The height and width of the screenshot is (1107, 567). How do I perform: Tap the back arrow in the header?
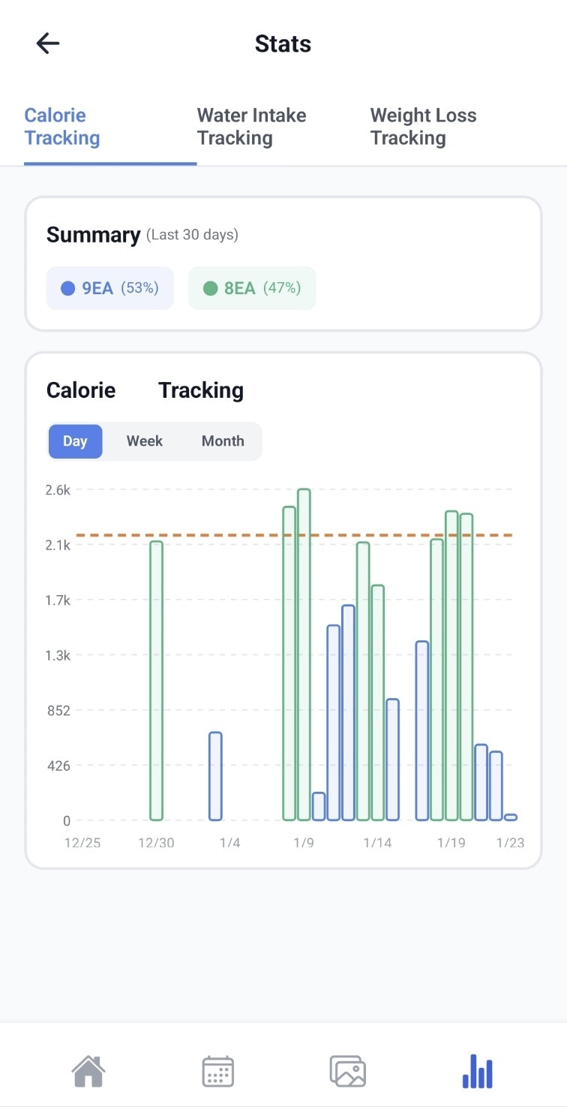coord(48,44)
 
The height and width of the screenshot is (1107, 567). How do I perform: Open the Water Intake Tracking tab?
coord(251,127)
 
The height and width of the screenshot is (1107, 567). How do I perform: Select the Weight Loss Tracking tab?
coord(423,127)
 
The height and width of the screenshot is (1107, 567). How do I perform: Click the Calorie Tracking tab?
coord(62,127)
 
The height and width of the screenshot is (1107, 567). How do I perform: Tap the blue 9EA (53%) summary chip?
coord(110,288)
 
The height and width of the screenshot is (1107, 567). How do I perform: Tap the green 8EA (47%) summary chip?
coord(252,288)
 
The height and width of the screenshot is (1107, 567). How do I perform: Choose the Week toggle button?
coord(145,441)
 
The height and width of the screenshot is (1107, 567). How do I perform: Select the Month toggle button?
coord(223,441)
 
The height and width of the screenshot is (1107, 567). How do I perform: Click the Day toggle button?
coord(75,441)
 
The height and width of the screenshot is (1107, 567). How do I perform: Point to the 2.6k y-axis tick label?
coord(58,490)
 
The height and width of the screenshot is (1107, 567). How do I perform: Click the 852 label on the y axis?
coord(58,711)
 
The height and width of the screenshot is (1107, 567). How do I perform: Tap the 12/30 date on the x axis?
coord(156,843)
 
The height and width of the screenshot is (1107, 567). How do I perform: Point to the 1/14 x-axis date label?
coord(377,843)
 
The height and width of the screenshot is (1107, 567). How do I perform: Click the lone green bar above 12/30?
coord(156,680)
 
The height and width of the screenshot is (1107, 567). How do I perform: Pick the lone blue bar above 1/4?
coord(215,776)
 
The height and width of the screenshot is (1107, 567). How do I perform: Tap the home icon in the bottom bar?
coord(88,1071)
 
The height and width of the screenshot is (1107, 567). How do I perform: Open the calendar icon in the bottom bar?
coord(218,1071)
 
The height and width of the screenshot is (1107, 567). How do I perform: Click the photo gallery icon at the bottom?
coord(348,1071)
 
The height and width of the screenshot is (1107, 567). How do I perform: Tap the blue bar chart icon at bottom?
coord(478,1071)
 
